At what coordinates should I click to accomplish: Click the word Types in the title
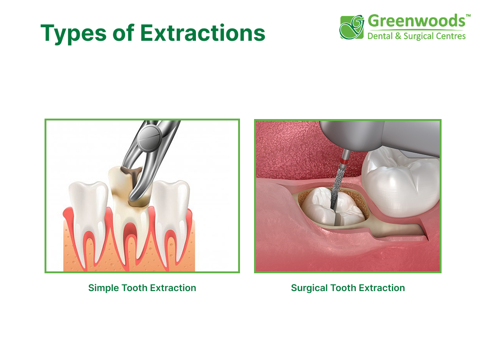point(74,33)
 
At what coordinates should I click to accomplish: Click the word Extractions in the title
point(202,33)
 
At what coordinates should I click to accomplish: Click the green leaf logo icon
point(352,27)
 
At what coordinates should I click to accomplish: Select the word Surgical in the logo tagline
point(417,37)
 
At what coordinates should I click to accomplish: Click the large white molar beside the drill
point(401,183)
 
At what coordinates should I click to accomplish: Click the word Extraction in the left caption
point(173,288)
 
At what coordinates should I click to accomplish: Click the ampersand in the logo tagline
point(398,36)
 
